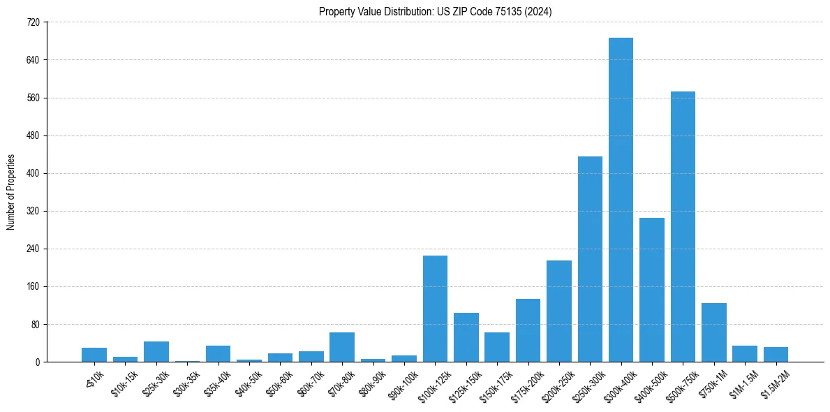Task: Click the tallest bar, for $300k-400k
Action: (621, 200)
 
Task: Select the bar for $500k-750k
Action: (683, 227)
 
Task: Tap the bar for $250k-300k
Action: (590, 259)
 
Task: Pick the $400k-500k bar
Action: (651, 290)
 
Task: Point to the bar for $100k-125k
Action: (435, 309)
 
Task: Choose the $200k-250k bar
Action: (558, 311)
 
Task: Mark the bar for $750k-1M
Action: (713, 332)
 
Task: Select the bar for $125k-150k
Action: (466, 337)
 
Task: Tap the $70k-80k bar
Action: (342, 347)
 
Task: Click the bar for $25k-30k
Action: (156, 351)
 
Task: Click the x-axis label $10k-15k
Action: (124, 383)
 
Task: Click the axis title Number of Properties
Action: (10, 192)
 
